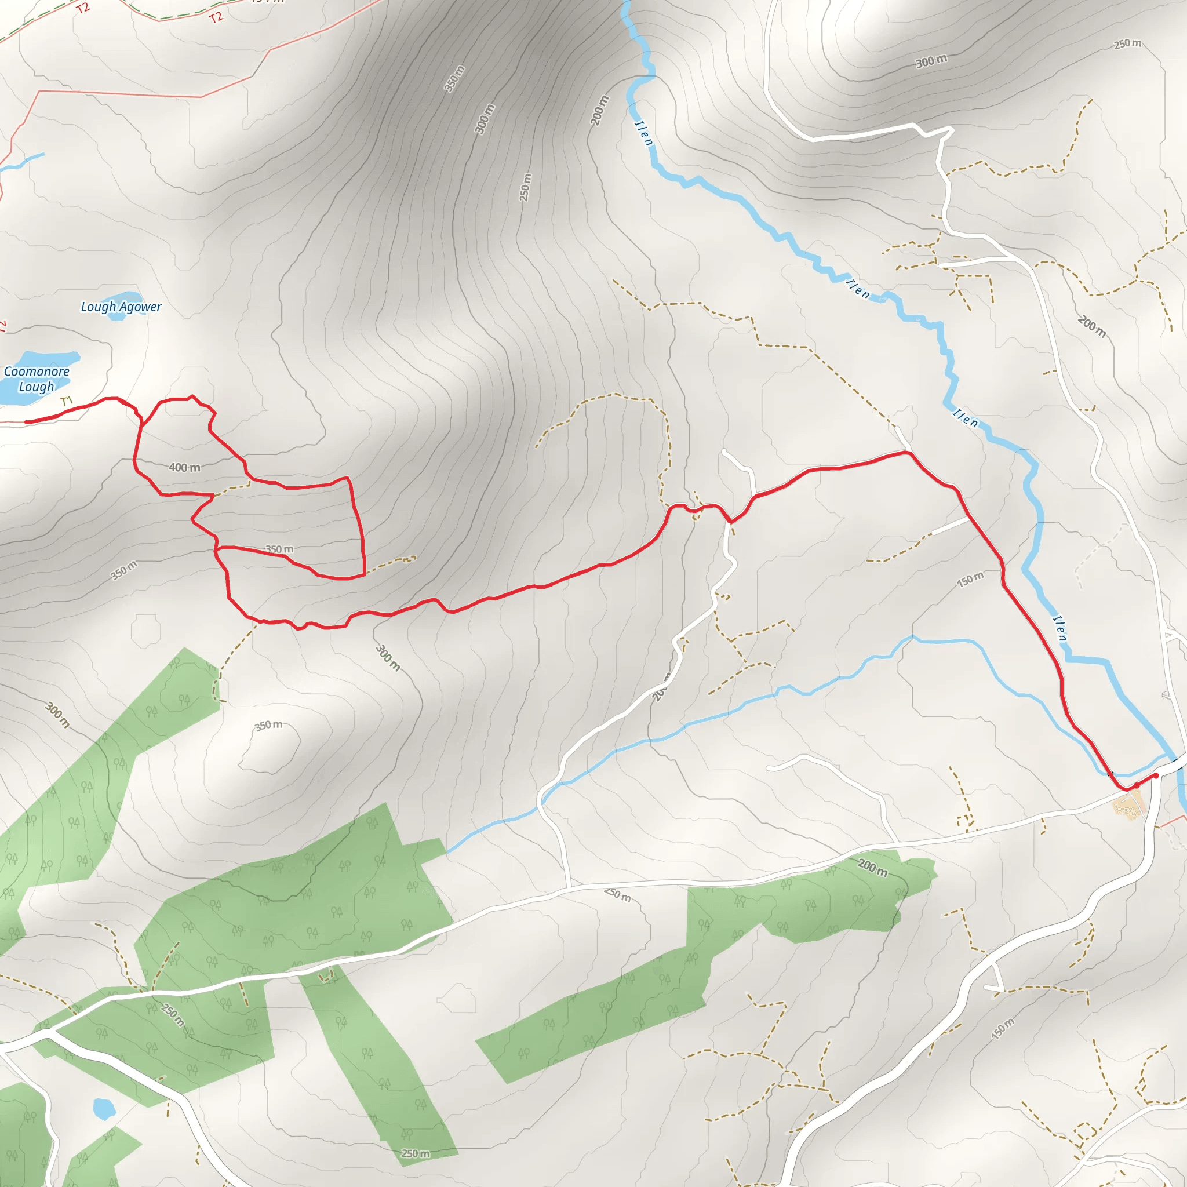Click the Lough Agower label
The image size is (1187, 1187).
tap(121, 307)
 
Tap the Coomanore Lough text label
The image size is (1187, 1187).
tap(37, 379)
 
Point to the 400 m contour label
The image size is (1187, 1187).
tap(184, 468)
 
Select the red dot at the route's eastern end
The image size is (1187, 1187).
tap(1156, 776)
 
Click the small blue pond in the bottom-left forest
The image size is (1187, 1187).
tap(103, 1109)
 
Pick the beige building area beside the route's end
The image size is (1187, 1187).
tap(1129, 804)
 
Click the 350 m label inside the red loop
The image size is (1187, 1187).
tap(279, 549)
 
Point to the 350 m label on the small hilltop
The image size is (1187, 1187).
tap(268, 726)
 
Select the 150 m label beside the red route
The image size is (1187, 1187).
tap(970, 580)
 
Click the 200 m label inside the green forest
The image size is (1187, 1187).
tap(872, 868)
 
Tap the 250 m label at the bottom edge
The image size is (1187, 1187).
tap(416, 1154)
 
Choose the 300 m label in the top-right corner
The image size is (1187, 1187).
tap(931, 61)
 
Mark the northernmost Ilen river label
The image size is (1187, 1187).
tap(644, 133)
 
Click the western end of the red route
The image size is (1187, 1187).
tap(27, 422)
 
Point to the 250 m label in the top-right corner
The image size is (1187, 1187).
tap(1127, 43)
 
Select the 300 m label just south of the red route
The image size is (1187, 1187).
tap(388, 658)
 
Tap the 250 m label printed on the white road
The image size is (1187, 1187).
tap(617, 894)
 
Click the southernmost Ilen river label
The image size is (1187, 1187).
tap(1060, 628)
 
